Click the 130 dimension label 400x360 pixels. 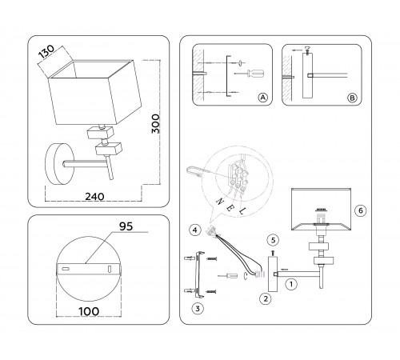click(46, 51)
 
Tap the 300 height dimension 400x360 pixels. click(155, 124)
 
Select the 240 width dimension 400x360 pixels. click(94, 197)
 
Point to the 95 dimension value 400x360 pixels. click(126, 226)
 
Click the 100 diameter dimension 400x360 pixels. click(89, 311)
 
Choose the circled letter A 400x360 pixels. click(262, 98)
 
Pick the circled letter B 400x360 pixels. click(352, 98)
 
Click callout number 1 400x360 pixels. click(291, 284)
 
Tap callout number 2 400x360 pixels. click(266, 298)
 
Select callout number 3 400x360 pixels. click(198, 309)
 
